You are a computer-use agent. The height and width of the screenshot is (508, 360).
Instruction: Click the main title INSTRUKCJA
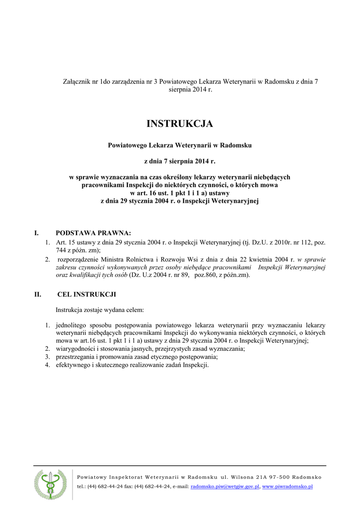(x=180, y=124)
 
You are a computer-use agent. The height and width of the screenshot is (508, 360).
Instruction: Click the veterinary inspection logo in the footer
(x=50, y=484)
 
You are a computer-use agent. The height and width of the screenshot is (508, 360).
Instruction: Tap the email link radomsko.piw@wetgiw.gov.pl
(x=225, y=487)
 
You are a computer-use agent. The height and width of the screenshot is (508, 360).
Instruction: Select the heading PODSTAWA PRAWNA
(x=93, y=232)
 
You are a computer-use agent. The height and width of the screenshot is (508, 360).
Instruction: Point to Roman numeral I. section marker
(x=36, y=232)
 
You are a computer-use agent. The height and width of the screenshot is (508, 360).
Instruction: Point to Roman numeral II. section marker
(x=37, y=294)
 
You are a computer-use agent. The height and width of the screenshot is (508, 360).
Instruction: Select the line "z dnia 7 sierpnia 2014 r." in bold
(x=180, y=161)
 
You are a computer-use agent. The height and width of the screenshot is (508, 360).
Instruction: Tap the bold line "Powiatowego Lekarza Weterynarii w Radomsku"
(x=180, y=145)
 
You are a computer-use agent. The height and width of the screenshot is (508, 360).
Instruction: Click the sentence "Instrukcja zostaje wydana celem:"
(x=100, y=310)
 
